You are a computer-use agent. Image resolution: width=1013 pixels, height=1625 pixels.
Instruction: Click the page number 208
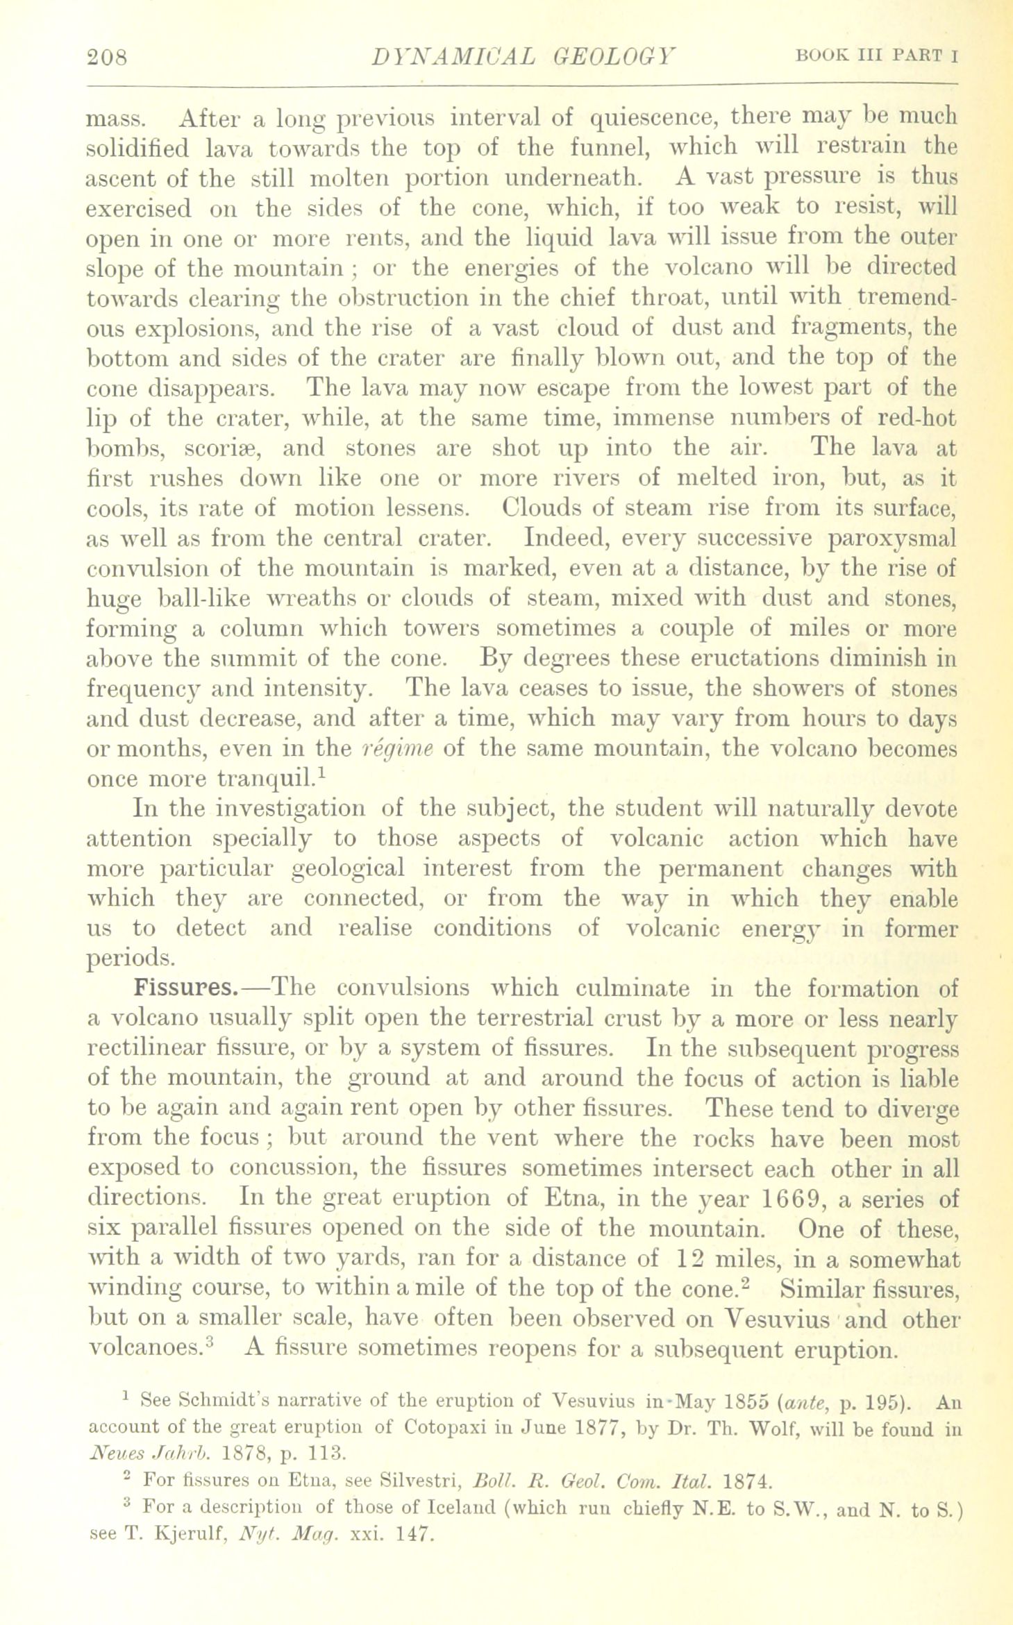tap(108, 56)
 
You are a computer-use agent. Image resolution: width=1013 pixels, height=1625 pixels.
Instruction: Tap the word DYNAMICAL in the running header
tap(454, 56)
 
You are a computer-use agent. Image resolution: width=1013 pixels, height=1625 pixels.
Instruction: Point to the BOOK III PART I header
tap(878, 56)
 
